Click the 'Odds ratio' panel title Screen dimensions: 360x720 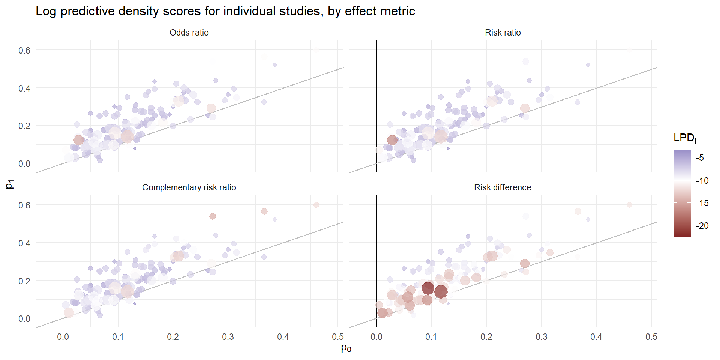pyautogui.click(x=189, y=33)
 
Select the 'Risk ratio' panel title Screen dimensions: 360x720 pyautogui.click(x=502, y=33)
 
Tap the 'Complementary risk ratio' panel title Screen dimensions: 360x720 pyautogui.click(x=189, y=187)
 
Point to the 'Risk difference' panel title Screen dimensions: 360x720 pyautogui.click(x=502, y=187)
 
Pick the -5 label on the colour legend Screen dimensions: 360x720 pyautogui.click(x=700, y=158)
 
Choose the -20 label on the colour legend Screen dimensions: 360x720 pyautogui.click(x=702, y=226)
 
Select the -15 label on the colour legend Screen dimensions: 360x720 pyautogui.click(x=702, y=203)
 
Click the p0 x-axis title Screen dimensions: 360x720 pyautogui.click(x=346, y=348)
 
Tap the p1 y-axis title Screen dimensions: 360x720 pyautogui.click(x=10, y=184)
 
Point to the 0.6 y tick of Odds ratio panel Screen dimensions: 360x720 pyautogui.click(x=24, y=51)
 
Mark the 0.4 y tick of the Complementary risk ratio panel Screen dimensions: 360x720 pyautogui.click(x=24, y=243)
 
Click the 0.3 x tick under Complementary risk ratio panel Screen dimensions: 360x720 pyautogui.click(x=228, y=337)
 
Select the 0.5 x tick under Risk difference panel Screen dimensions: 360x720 pyautogui.click(x=651, y=337)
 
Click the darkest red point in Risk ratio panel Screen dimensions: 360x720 pyautogui.click(x=392, y=140)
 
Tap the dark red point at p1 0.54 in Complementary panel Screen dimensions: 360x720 pyautogui.click(x=213, y=216)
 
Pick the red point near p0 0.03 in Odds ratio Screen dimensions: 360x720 pyautogui.click(x=78, y=140)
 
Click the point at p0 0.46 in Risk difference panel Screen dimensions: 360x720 pyautogui.click(x=629, y=205)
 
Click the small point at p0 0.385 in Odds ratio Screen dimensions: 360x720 pyautogui.click(x=274, y=65)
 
